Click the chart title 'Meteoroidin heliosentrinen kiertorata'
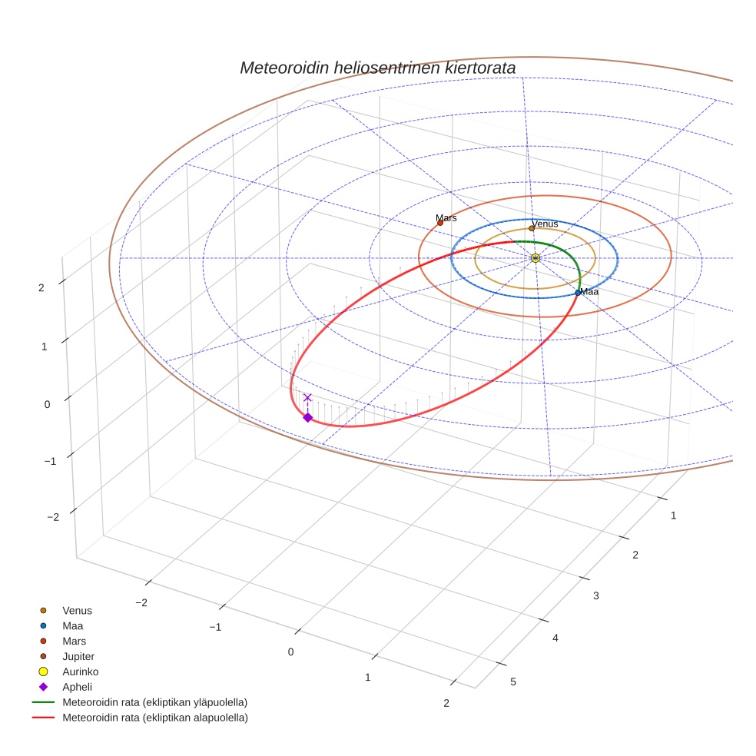pyautogui.click(x=377, y=68)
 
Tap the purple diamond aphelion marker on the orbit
pyautogui.click(x=307, y=417)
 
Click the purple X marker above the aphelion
pyautogui.click(x=307, y=397)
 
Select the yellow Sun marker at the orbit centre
pyautogui.click(x=535, y=258)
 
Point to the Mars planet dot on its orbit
pyautogui.click(x=440, y=223)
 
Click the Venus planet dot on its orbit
pyautogui.click(x=531, y=228)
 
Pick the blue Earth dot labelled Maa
pyautogui.click(x=578, y=293)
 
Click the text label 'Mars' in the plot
pyautogui.click(x=446, y=217)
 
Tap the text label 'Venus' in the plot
pyautogui.click(x=545, y=224)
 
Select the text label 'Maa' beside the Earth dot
pyautogui.click(x=589, y=292)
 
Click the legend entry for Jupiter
pyautogui.click(x=78, y=656)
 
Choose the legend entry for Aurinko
pyautogui.click(x=80, y=671)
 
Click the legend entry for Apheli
pyautogui.click(x=77, y=687)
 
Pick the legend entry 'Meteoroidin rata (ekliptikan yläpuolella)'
pyautogui.click(x=154, y=702)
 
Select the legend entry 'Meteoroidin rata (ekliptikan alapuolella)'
pyautogui.click(x=154, y=718)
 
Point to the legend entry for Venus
pyautogui.click(x=77, y=610)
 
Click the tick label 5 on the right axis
pyautogui.click(x=513, y=682)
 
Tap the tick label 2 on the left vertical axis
pyautogui.click(x=41, y=287)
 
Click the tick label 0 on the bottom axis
pyautogui.click(x=291, y=652)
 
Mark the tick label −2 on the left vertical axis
pyautogui.click(x=52, y=517)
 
